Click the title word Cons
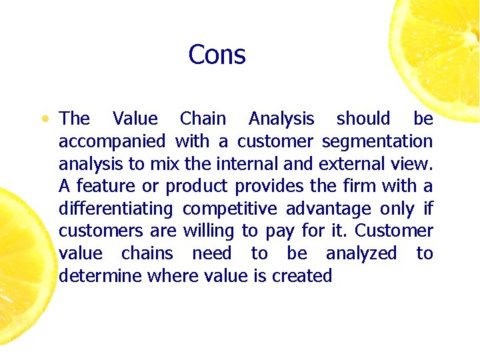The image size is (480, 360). [217, 55]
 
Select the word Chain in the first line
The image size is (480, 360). [203, 119]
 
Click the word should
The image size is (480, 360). [363, 119]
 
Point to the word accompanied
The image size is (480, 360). [112, 142]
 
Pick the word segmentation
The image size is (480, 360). [377, 142]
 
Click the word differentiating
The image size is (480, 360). [115, 209]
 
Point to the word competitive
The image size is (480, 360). [229, 209]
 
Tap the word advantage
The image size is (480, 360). [328, 209]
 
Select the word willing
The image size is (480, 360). [208, 231]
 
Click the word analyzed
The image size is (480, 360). [361, 254]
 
